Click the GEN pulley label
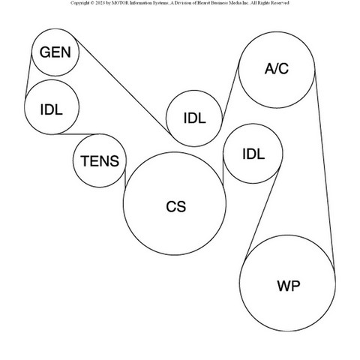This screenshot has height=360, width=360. point(55,52)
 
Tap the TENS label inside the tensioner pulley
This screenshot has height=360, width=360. point(100,160)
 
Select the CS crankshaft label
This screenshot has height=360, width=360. point(176,207)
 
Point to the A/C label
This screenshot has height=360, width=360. point(277,68)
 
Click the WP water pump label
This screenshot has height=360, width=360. point(288,286)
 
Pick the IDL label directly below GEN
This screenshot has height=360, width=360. point(51,109)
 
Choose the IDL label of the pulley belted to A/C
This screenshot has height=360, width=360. point(194,118)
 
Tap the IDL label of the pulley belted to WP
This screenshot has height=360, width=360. point(253,154)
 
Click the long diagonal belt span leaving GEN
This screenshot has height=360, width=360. point(122,87)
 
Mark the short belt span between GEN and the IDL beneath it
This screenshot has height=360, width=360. point(28,73)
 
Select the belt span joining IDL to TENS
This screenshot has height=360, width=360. point(77,134)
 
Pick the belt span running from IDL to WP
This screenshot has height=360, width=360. point(262,213)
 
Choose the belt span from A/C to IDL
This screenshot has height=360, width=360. point(230,91)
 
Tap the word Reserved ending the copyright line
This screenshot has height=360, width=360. point(280,3)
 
